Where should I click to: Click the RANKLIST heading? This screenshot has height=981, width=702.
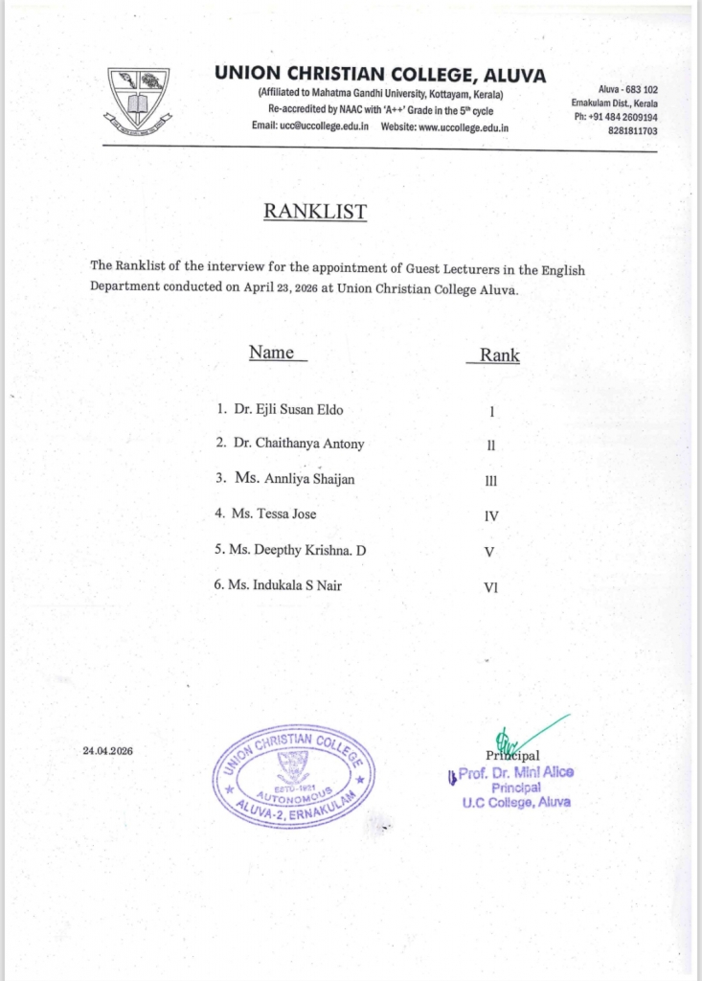point(315,212)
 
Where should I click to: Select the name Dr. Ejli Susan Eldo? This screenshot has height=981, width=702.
point(287,410)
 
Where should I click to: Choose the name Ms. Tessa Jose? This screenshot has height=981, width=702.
point(273,513)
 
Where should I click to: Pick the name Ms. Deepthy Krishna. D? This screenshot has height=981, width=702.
point(298,550)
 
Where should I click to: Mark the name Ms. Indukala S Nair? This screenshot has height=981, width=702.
point(284,584)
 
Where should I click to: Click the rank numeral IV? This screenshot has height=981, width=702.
point(491,516)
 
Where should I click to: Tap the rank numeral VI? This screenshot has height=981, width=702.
point(491,588)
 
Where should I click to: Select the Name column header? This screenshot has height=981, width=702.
point(272,353)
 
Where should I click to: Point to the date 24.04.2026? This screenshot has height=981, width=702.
point(107,751)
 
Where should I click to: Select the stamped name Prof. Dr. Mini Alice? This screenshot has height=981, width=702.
point(517,773)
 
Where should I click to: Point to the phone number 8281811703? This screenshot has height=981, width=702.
point(632,130)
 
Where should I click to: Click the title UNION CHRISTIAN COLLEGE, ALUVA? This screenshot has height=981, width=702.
point(380,74)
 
